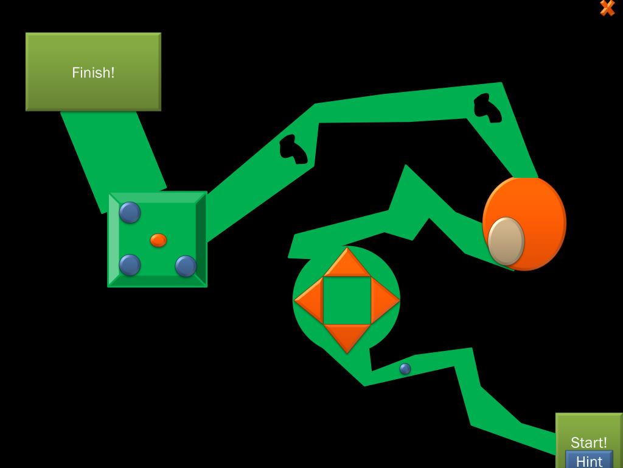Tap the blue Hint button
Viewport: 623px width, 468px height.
(x=588, y=460)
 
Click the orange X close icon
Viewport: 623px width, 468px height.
(x=607, y=8)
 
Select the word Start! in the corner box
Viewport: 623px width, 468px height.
(x=588, y=442)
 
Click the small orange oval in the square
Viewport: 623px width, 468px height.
(x=158, y=240)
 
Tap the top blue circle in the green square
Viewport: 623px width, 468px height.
(x=130, y=213)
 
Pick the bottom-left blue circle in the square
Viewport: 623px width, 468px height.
(x=130, y=265)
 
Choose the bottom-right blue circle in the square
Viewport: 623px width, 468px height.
(x=186, y=266)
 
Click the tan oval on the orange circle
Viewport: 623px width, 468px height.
(x=506, y=241)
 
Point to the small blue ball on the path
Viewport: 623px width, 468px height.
(x=405, y=369)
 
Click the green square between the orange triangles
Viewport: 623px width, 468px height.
(x=347, y=300)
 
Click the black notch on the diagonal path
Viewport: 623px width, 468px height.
(x=293, y=149)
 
